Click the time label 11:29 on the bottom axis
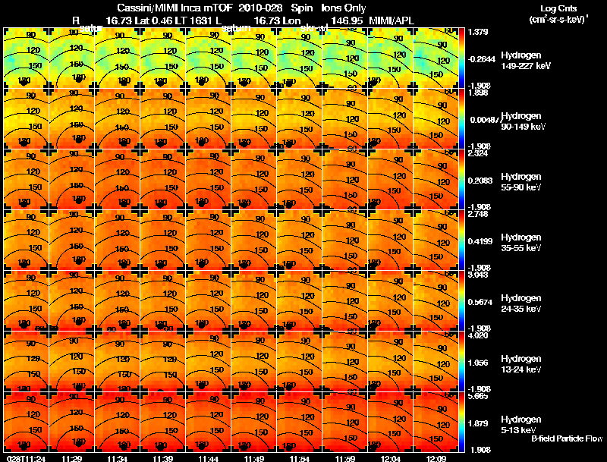(x=72, y=458)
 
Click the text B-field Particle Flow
(x=566, y=438)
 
